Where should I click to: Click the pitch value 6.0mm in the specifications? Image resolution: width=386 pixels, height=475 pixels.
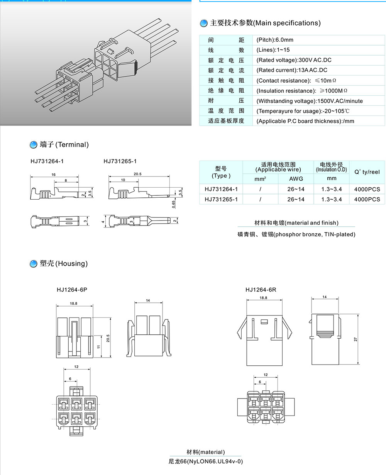275,40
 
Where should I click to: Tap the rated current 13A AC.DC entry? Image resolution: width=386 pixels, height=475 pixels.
292,70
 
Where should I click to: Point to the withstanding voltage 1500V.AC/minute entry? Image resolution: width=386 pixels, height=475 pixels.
310,101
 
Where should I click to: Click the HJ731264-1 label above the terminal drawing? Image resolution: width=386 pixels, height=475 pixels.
47,161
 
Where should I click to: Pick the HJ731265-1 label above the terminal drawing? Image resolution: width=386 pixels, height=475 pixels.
120,161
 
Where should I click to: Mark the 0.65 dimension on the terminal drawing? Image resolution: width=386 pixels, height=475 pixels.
174,204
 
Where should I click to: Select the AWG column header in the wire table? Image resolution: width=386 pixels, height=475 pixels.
296,179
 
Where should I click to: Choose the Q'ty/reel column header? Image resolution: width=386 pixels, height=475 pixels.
367,172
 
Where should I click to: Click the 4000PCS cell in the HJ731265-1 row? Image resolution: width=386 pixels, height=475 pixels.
367,199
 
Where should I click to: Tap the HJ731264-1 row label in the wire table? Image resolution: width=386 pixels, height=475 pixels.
221,189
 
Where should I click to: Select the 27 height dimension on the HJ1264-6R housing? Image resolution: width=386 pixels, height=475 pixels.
356,339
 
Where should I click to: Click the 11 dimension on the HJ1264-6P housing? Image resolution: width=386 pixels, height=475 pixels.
98,347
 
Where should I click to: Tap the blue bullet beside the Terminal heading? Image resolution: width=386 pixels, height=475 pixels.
33,145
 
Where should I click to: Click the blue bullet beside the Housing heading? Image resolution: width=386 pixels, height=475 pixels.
33,264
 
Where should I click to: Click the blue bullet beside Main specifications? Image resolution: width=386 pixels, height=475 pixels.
203,23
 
